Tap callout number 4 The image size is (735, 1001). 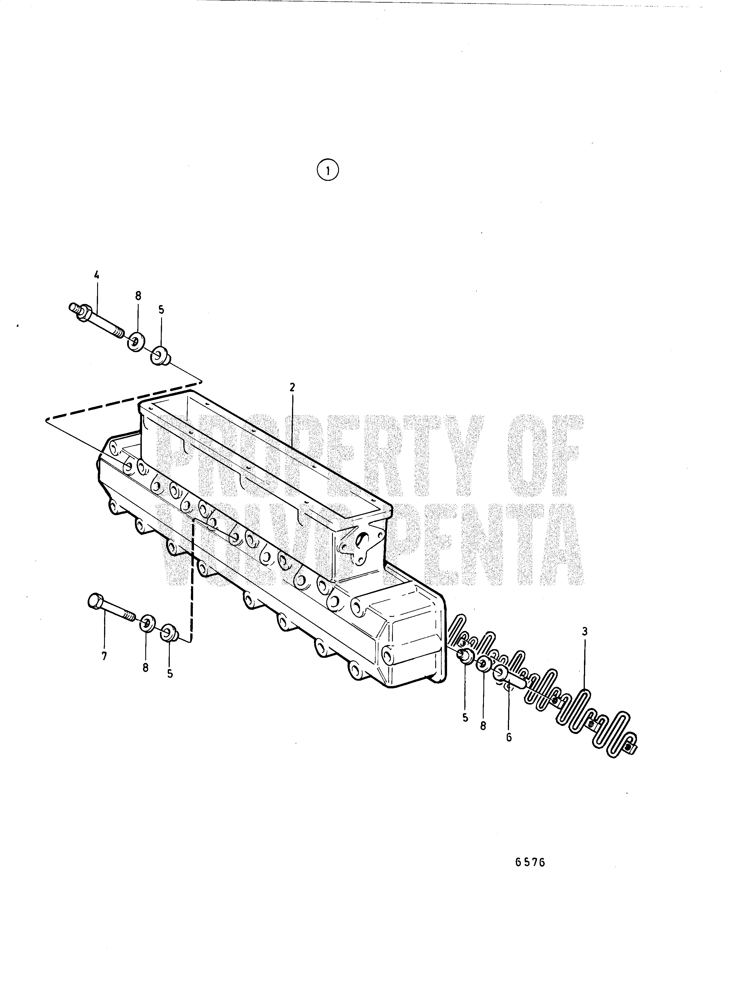coord(97,275)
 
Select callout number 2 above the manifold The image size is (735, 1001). coord(292,387)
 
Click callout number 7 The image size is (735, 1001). coord(104,656)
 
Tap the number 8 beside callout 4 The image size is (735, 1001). coord(138,296)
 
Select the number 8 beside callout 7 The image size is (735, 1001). coord(146,668)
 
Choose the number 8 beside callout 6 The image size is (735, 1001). coord(483,726)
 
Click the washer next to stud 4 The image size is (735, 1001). coord(134,341)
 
